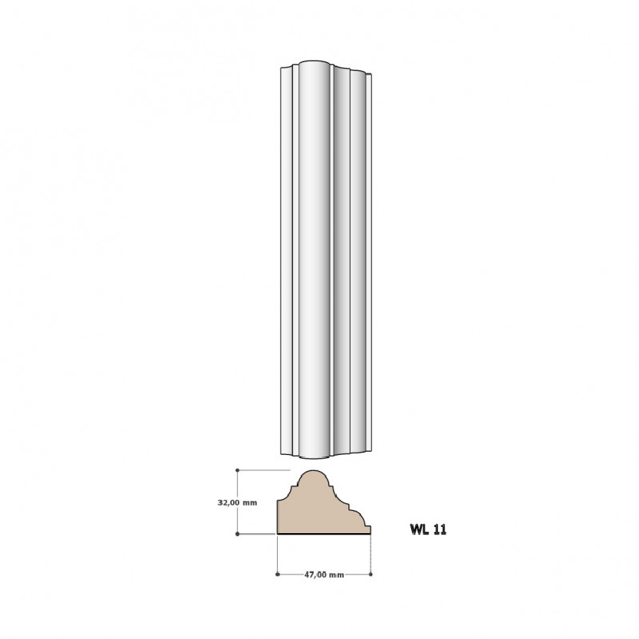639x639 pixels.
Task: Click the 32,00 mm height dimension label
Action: (x=237, y=502)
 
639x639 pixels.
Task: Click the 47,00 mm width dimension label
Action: (x=324, y=575)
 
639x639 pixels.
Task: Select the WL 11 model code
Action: (x=428, y=529)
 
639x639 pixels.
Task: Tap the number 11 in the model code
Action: (x=440, y=529)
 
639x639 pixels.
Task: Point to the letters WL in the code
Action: (x=420, y=529)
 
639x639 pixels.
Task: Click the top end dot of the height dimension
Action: (x=238, y=470)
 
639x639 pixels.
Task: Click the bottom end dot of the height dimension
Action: (x=238, y=534)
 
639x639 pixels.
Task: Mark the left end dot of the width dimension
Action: (x=278, y=575)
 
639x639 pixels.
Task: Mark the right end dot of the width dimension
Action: (x=371, y=575)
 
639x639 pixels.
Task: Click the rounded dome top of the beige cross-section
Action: (x=313, y=473)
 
